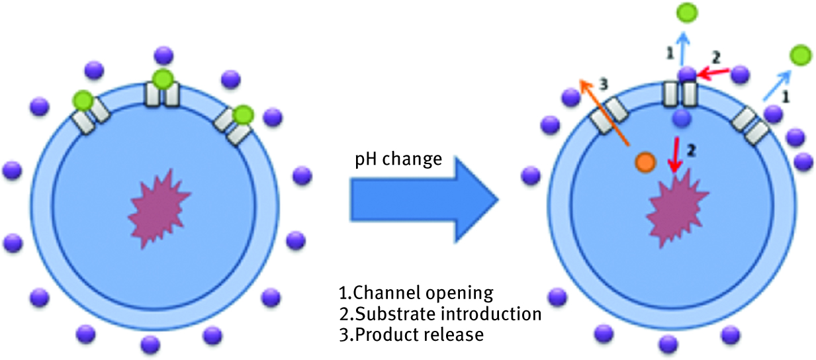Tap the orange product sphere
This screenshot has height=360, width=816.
tap(643, 161)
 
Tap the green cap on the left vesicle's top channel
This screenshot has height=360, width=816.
tap(162, 79)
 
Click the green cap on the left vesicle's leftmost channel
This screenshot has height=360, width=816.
tap(83, 101)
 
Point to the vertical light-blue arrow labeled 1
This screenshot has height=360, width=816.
tap(684, 50)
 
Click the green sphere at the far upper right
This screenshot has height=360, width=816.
tap(800, 55)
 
